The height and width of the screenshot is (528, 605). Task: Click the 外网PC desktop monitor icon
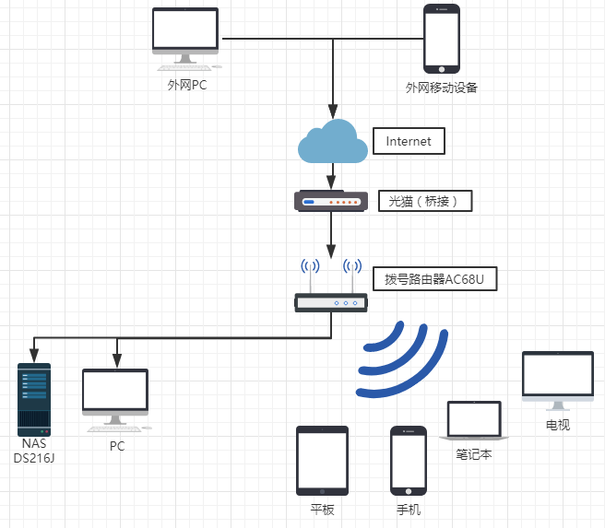tap(185, 39)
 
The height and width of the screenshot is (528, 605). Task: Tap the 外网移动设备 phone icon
tap(442, 39)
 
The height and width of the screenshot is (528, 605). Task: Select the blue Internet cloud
tap(333, 141)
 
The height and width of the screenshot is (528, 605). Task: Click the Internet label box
tap(409, 141)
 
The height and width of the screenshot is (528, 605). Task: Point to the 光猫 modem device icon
tap(331, 201)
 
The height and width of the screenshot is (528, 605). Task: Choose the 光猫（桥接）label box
tap(425, 201)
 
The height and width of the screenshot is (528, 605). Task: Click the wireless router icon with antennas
tap(331, 286)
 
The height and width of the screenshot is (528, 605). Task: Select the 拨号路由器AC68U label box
tap(435, 278)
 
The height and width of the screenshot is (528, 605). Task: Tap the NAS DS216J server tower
tap(34, 400)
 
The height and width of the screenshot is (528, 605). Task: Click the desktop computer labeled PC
tap(116, 400)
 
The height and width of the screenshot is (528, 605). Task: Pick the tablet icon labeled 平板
tap(322, 461)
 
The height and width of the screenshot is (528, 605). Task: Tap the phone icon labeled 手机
tap(409, 461)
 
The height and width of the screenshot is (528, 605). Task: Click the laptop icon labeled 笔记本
tap(474, 421)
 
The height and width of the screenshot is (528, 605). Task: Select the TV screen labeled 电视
tap(558, 381)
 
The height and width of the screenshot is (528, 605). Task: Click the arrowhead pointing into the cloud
tap(333, 111)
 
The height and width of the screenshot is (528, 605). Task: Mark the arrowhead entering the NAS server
tap(34, 356)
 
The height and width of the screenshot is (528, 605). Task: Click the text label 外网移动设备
tap(442, 88)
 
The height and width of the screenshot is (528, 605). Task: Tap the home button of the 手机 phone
tap(409, 491)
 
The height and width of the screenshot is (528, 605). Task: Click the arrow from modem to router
tap(331, 235)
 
